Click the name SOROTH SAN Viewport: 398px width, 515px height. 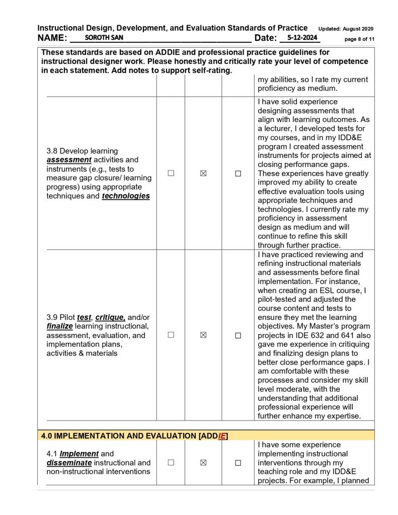click(104, 38)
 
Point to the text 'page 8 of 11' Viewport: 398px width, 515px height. click(359, 39)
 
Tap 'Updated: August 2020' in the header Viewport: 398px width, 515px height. click(346, 29)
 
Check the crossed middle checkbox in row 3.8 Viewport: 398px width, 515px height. click(203, 173)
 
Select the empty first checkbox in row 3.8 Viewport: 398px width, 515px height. click(171, 173)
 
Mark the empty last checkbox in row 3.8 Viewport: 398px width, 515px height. click(238, 174)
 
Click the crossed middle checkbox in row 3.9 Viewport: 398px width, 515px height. click(203, 335)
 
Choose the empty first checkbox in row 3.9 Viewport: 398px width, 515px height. click(171, 335)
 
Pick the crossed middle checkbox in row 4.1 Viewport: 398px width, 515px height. click(203, 463)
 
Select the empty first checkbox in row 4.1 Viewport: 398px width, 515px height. click(171, 463)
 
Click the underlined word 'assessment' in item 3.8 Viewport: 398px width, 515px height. click(69, 160)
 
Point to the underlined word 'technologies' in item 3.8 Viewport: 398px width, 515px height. click(126, 196)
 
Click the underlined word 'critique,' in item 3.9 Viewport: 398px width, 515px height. click(111, 317)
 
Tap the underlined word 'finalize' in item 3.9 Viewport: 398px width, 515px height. click(60, 326)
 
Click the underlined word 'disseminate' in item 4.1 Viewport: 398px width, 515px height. click(69, 463)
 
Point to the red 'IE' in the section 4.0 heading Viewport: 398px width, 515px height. click(222, 436)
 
